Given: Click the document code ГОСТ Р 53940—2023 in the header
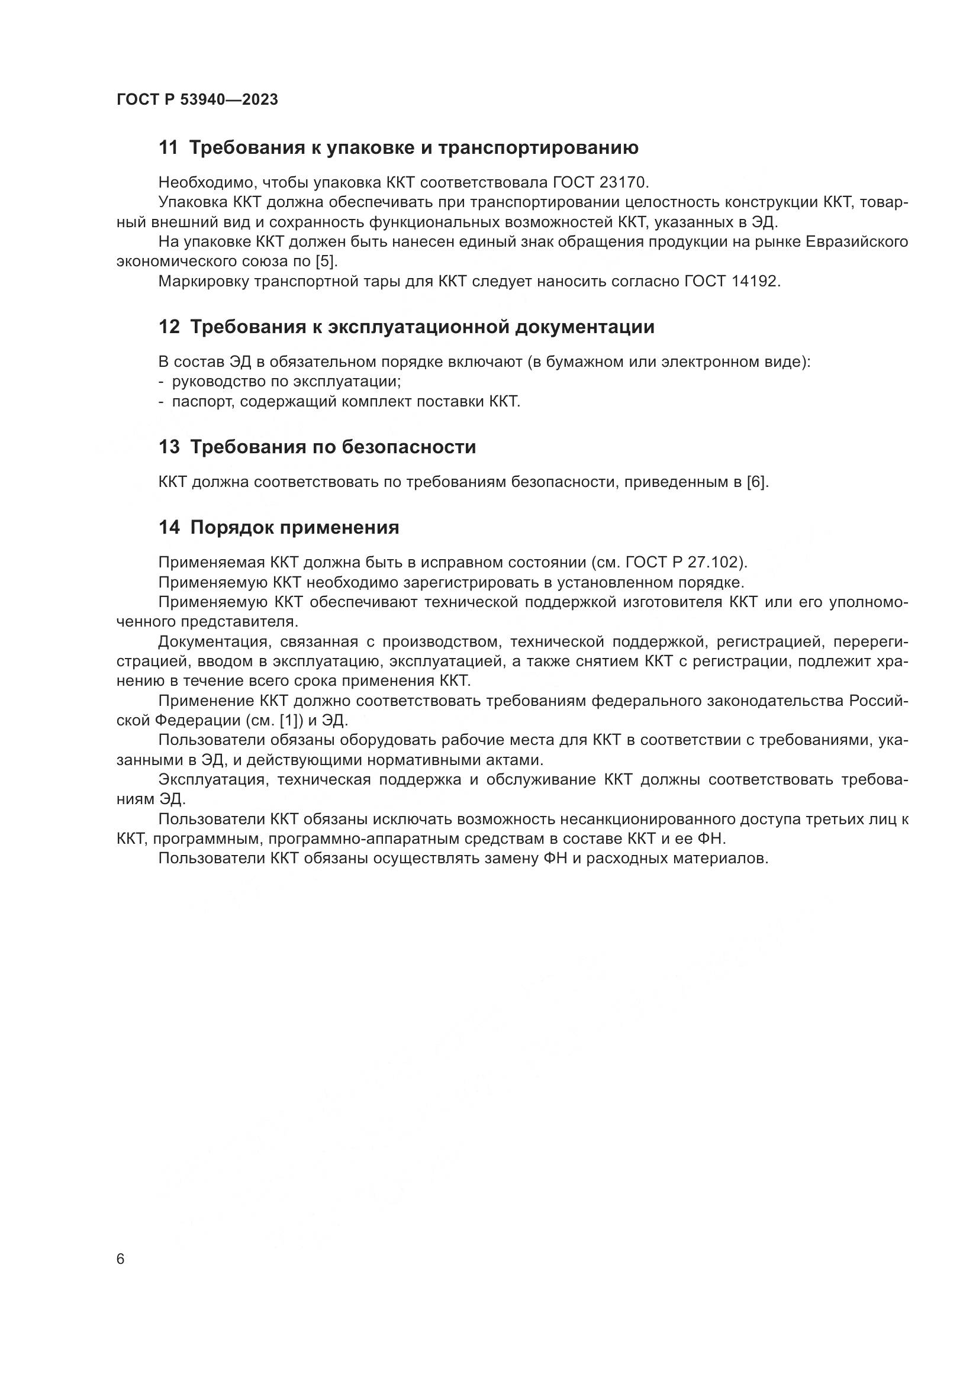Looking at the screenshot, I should tap(197, 100).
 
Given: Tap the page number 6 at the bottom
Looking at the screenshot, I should tap(121, 1259).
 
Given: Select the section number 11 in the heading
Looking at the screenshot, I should tap(168, 148).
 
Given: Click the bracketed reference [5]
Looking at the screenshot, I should tap(326, 262).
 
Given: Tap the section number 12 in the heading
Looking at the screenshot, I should tap(169, 327).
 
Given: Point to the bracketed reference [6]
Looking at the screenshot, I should tap(757, 482).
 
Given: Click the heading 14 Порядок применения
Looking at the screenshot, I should tap(279, 527).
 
